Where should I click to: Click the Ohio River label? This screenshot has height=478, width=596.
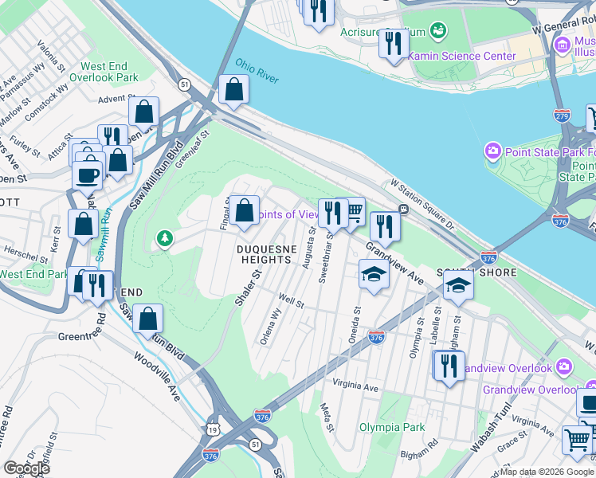(257, 69)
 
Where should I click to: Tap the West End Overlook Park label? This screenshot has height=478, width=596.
(104, 72)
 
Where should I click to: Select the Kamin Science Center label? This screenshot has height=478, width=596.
(462, 57)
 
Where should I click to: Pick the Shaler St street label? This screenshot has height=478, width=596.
(253, 284)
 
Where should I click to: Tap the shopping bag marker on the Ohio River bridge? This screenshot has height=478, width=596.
(233, 90)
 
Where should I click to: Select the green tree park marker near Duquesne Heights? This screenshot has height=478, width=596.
(165, 238)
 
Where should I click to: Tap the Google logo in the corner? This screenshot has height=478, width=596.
(27, 468)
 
